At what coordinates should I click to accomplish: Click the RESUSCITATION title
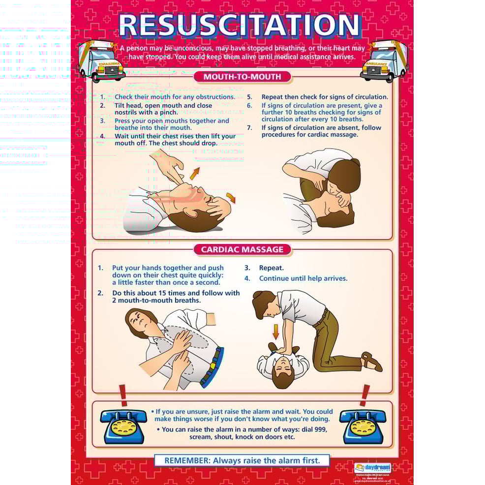(240, 26)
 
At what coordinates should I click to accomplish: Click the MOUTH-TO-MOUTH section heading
(242, 77)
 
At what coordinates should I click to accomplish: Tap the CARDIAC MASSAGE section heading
(242, 249)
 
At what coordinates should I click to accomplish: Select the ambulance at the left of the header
(100, 61)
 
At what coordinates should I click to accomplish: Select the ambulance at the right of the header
(384, 61)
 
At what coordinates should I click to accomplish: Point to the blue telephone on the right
(363, 426)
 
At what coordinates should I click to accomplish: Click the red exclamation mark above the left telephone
(123, 395)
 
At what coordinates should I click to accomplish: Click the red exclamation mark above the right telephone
(365, 395)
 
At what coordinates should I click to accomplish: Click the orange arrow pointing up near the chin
(195, 173)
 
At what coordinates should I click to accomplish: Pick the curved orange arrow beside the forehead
(231, 197)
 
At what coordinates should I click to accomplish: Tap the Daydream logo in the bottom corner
(372, 467)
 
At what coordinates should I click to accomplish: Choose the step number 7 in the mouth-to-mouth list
(249, 128)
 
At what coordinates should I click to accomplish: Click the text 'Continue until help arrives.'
(303, 278)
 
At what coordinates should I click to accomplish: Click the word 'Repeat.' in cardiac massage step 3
(272, 268)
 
